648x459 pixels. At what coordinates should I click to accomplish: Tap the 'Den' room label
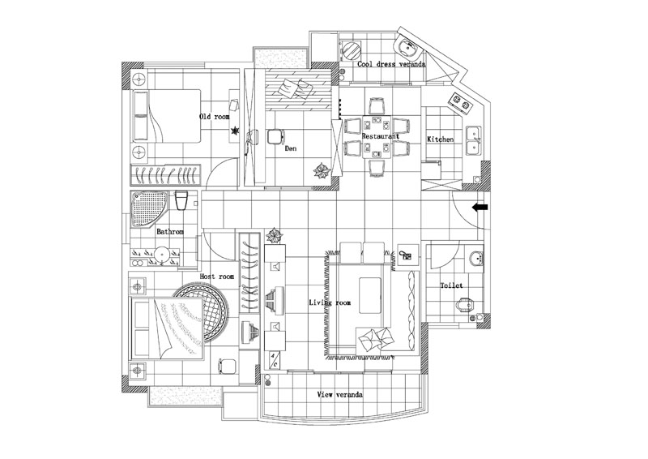[291, 148]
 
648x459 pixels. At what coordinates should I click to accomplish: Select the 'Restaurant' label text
[381, 137]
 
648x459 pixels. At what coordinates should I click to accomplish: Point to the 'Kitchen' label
[441, 139]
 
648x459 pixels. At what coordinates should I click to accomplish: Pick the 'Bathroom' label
[170, 232]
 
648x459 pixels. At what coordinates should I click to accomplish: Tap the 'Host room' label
[216, 277]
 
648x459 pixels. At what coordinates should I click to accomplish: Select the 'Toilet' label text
[451, 285]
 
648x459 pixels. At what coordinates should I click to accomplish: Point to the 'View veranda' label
[339, 394]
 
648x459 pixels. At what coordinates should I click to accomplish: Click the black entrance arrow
[480, 208]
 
